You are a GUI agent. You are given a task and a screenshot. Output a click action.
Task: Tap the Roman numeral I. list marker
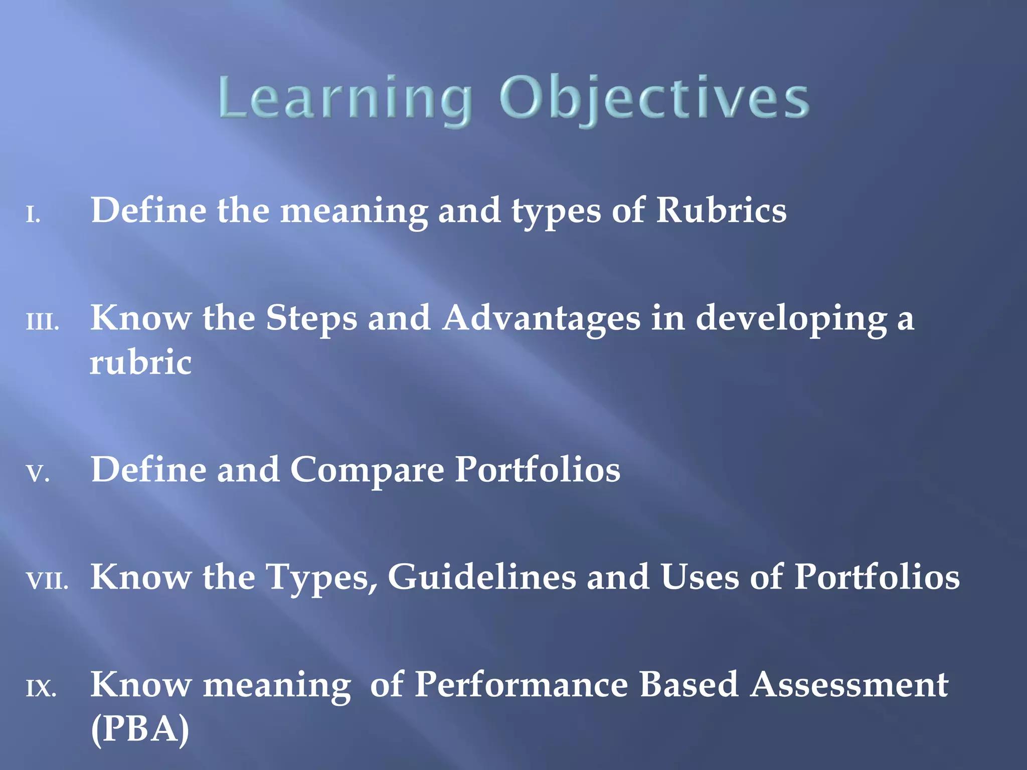pyautogui.click(x=33, y=216)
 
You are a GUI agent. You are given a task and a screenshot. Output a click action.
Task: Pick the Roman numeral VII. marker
pyautogui.click(x=47, y=582)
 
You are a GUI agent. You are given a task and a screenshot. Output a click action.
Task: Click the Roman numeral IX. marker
pyautogui.click(x=41, y=689)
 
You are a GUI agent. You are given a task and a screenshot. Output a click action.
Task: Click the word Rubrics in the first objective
pyautogui.click(x=721, y=211)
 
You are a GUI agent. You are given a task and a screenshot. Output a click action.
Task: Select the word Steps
pyautogui.click(x=311, y=319)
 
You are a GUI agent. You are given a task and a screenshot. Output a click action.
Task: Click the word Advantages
pyautogui.click(x=542, y=319)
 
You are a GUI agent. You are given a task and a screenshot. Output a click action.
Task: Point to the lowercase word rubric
pyautogui.click(x=140, y=362)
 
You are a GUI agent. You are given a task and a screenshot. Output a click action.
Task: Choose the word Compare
pyautogui.click(x=367, y=470)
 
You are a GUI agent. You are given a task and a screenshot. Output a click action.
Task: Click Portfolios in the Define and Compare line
pyautogui.click(x=538, y=470)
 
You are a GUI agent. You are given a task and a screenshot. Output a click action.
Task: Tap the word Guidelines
pyautogui.click(x=481, y=577)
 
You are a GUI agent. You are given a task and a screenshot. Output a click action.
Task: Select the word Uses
pyautogui.click(x=700, y=577)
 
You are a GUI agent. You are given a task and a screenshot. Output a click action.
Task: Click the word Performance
pyautogui.click(x=522, y=685)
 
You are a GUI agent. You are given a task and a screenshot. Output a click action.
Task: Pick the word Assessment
pyautogui.click(x=849, y=685)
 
